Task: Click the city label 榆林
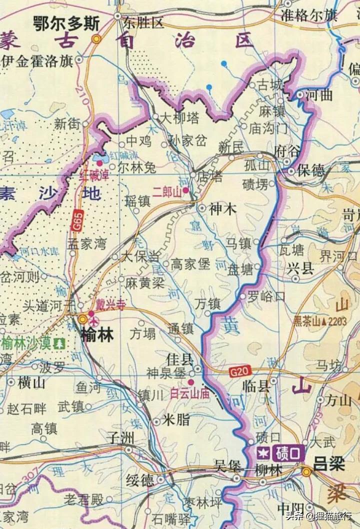[x=97, y=334]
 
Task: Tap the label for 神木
[x=223, y=209]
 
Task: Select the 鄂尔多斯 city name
[x=66, y=23]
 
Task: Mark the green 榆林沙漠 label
[x=27, y=343]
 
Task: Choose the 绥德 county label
[x=140, y=480]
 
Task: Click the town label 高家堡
[x=190, y=264]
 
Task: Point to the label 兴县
[x=300, y=268]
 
